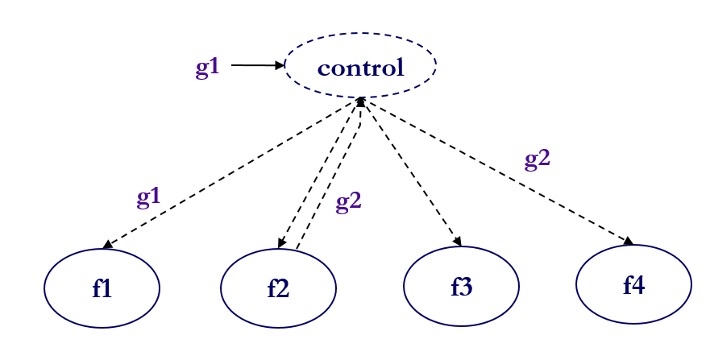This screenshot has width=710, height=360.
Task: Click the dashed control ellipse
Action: coord(360,66)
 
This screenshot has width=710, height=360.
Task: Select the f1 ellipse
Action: coord(102,288)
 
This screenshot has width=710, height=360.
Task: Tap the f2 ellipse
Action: coord(278,288)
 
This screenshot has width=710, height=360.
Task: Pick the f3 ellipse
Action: coord(461,286)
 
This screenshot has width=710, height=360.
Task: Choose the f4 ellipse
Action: coord(633,284)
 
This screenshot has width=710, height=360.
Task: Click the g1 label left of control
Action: coord(207,68)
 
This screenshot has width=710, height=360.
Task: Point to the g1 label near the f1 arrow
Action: coord(148,197)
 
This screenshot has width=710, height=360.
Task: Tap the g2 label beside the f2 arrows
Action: coord(348,201)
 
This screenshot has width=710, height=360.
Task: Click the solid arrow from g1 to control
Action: coord(256,65)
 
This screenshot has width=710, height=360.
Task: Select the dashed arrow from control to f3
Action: coord(411,172)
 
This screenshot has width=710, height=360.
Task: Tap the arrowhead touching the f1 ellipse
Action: coord(107,244)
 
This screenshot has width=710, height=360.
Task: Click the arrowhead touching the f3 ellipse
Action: coord(458,242)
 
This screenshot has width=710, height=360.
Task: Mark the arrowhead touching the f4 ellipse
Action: coord(628,240)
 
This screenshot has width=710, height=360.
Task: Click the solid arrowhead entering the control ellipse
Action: coord(280,65)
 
